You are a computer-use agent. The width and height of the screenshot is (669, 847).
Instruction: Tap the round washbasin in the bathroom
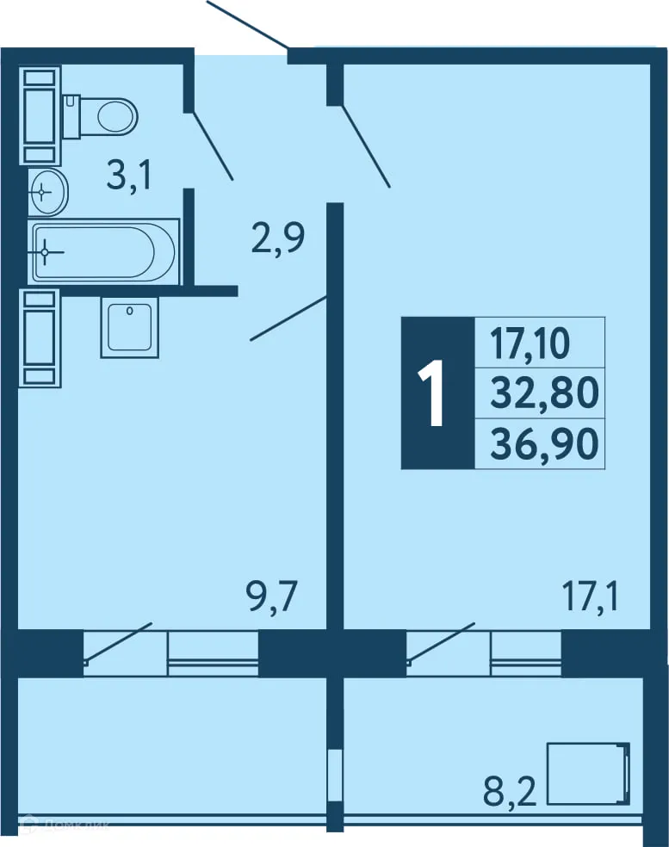coord(47,191)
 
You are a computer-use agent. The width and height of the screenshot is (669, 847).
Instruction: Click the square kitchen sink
coord(129,327)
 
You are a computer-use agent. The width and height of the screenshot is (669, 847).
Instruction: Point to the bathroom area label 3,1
coord(129,176)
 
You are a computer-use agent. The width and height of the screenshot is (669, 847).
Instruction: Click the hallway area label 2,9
coord(277,238)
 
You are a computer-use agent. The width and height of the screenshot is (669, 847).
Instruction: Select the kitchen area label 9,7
coord(272,596)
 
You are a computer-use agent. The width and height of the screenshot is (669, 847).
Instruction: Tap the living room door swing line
coord(367,146)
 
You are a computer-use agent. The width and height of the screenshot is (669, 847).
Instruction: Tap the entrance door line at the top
coord(247,24)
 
